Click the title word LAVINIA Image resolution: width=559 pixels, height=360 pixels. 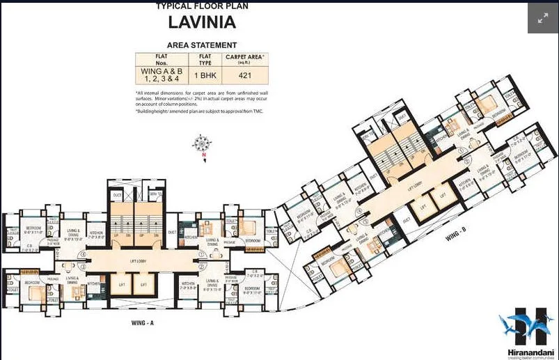[201, 22]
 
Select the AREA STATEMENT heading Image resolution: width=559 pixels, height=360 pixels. [201, 45]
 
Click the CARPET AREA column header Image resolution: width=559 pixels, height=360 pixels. [244, 58]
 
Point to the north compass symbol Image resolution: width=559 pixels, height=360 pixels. [203, 145]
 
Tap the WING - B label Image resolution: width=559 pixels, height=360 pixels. [457, 237]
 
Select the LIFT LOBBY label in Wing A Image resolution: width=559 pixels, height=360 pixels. [141, 259]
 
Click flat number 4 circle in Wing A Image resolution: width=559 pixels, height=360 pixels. [83, 254]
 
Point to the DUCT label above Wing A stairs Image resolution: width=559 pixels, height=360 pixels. [117, 196]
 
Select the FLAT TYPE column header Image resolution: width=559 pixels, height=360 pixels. [205, 58]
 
